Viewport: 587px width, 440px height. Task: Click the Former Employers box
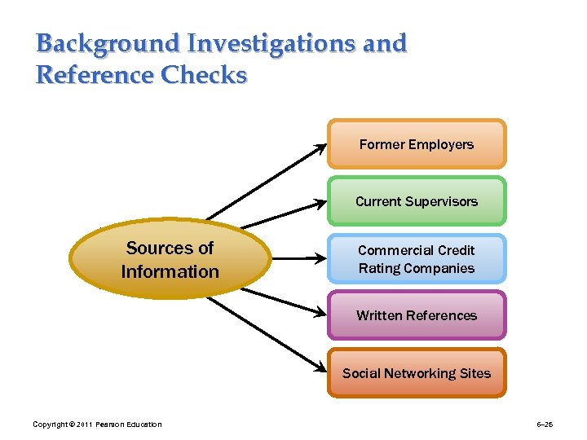tap(417, 144)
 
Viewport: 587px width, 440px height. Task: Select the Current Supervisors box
tap(417, 201)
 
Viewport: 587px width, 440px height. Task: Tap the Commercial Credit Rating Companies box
tap(417, 259)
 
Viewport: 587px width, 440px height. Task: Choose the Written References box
tap(417, 315)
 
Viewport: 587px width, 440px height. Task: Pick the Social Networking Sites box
tap(417, 373)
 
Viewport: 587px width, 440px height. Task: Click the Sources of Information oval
tap(170, 259)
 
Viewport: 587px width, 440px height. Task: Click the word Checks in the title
tap(204, 75)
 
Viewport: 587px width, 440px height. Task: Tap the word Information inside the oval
tap(170, 271)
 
